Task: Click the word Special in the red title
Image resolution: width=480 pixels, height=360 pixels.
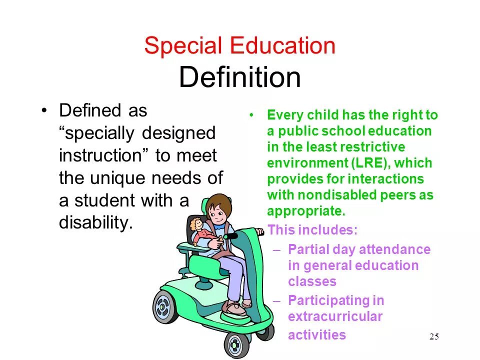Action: (x=182, y=46)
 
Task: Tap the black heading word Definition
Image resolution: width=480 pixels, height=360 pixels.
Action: (x=240, y=77)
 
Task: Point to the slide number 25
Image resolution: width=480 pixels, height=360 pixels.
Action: (x=434, y=336)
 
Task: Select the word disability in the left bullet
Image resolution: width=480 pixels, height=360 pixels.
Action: (x=96, y=223)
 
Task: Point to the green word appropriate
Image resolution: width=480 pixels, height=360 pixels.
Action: (x=306, y=211)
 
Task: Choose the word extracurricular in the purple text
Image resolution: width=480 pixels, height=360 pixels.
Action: (x=335, y=316)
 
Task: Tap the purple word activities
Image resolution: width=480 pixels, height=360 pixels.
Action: (x=316, y=334)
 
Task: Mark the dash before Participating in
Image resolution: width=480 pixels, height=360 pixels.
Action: (x=278, y=300)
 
